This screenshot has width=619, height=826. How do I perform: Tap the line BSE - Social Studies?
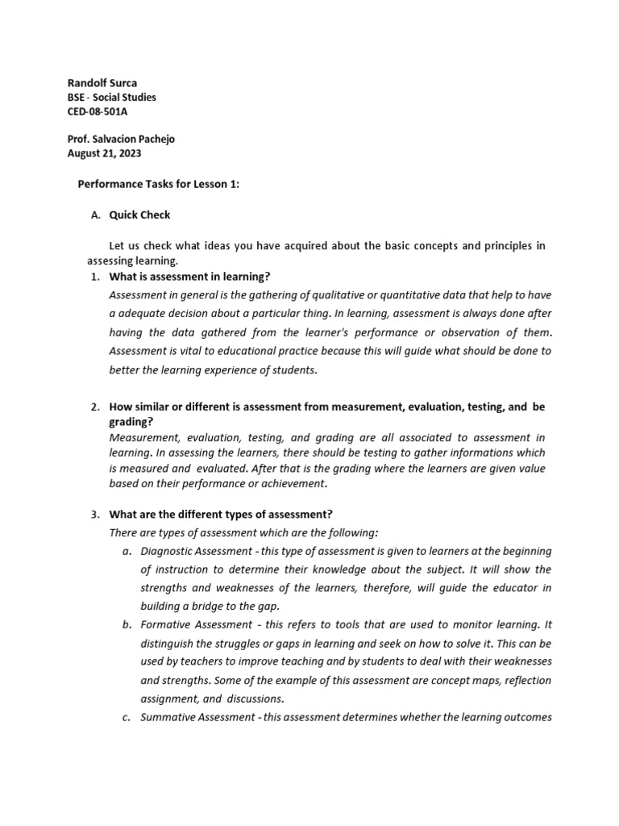tap(111, 97)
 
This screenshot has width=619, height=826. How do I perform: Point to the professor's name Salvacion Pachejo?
tap(135, 139)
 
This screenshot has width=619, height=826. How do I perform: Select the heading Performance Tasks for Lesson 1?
tap(158, 184)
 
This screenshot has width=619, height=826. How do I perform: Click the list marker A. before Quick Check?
tap(96, 215)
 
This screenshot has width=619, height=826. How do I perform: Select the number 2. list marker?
tap(95, 407)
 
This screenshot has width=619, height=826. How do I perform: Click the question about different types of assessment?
tap(221, 514)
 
